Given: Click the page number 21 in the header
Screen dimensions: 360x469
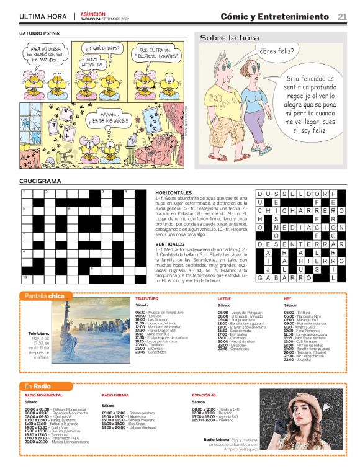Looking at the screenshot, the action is [342, 17].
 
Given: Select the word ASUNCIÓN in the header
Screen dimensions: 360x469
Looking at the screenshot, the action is [93, 14].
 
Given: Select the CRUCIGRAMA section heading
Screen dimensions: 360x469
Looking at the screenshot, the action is [40, 181].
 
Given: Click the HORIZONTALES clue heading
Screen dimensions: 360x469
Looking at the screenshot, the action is [174, 193].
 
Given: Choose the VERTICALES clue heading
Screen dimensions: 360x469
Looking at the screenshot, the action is [169, 244].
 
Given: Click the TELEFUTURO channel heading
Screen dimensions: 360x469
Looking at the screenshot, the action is [146, 298].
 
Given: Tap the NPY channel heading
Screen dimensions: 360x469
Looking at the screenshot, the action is [287, 298].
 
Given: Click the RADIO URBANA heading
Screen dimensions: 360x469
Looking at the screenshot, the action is [115, 395].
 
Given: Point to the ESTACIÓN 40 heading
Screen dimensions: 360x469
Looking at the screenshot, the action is [204, 395].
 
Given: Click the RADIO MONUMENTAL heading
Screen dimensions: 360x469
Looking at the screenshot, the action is [43, 395].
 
